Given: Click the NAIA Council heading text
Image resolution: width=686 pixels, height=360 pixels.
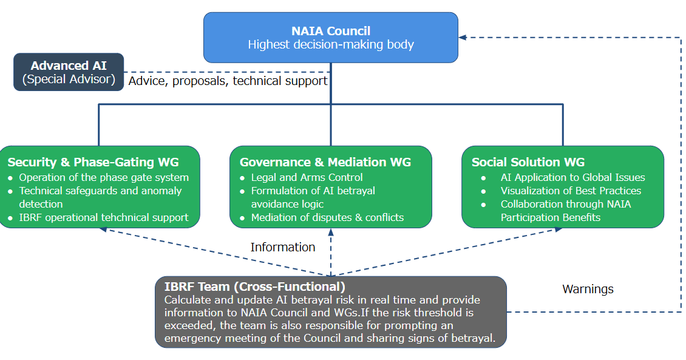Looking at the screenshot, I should (330, 31).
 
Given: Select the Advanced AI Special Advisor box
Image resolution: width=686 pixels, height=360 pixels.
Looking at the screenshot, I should (69, 72).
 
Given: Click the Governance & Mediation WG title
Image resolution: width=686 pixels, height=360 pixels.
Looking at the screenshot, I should (325, 162).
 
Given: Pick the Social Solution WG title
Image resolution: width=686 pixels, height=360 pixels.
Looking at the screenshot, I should (528, 162).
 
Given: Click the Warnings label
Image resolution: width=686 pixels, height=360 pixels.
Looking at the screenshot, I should (588, 289).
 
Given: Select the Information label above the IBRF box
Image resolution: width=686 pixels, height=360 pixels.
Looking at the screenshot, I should (283, 247).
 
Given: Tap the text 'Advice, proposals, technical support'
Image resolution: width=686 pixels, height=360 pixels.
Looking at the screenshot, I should (228, 81).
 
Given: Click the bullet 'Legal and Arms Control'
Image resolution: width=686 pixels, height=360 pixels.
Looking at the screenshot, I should (307, 177).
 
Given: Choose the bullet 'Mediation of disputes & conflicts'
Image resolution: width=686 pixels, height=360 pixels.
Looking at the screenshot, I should (327, 217).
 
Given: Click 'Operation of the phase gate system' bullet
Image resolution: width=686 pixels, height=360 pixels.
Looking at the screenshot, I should (104, 177).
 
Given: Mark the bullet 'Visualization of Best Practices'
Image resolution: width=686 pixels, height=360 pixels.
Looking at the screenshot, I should (571, 191).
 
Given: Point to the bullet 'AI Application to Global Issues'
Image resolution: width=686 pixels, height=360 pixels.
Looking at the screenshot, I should (572, 177).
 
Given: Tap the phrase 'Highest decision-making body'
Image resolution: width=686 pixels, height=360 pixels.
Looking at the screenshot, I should (330, 44).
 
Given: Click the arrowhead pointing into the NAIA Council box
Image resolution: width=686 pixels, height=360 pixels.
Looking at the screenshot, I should (462, 38).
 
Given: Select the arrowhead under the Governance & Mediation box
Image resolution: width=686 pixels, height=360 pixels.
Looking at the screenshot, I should (331, 231).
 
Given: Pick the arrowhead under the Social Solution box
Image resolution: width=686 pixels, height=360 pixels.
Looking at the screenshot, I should (559, 229).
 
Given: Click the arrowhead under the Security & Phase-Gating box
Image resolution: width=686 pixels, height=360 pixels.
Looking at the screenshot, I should (103, 229).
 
